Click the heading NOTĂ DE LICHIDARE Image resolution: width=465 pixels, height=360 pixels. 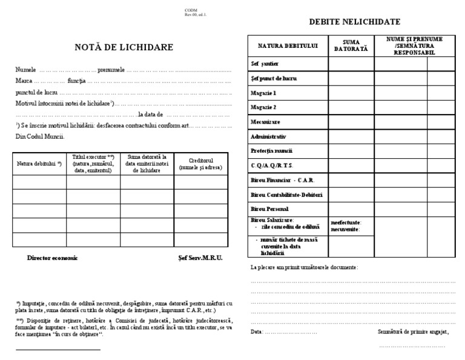124,47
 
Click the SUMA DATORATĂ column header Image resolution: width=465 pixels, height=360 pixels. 351,45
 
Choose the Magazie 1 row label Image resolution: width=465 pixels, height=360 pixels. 263,93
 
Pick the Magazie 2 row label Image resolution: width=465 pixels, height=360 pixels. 263,107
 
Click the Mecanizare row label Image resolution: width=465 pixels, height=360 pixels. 265,122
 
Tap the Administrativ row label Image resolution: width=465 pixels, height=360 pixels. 268,136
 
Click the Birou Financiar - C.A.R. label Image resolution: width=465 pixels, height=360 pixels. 282,181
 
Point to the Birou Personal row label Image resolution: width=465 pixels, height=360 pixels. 271,208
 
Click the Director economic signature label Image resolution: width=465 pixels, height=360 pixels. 53,258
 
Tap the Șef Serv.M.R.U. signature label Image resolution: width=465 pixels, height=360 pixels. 200,258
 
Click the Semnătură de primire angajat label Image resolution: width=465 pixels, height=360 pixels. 412,332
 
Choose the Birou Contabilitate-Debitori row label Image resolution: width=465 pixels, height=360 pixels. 286,195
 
